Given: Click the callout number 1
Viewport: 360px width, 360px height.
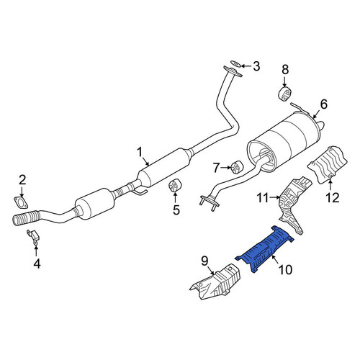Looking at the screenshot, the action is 140,153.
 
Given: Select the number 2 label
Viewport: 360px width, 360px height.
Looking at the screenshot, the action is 22,180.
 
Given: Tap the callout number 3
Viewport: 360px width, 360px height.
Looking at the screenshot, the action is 256,66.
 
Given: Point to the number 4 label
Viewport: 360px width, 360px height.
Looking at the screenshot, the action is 37,264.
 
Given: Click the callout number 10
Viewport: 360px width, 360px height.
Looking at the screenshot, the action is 286,269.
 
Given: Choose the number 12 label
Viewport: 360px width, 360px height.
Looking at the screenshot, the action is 333,198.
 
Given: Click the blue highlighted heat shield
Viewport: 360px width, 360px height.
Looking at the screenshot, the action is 265,249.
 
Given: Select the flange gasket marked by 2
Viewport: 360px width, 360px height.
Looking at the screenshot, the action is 21,202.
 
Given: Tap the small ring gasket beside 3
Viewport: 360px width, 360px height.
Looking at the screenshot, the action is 235,63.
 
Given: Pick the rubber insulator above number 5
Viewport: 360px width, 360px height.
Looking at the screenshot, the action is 175,186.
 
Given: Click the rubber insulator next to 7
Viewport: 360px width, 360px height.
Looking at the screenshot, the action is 238,166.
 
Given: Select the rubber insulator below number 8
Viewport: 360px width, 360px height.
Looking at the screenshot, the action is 285,94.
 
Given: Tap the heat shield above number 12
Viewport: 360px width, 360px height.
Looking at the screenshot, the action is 328,164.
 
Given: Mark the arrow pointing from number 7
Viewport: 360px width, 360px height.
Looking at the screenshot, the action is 225,168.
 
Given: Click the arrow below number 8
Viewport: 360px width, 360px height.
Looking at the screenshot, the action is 284,82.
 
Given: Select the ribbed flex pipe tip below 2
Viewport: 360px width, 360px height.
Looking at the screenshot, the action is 25,217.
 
